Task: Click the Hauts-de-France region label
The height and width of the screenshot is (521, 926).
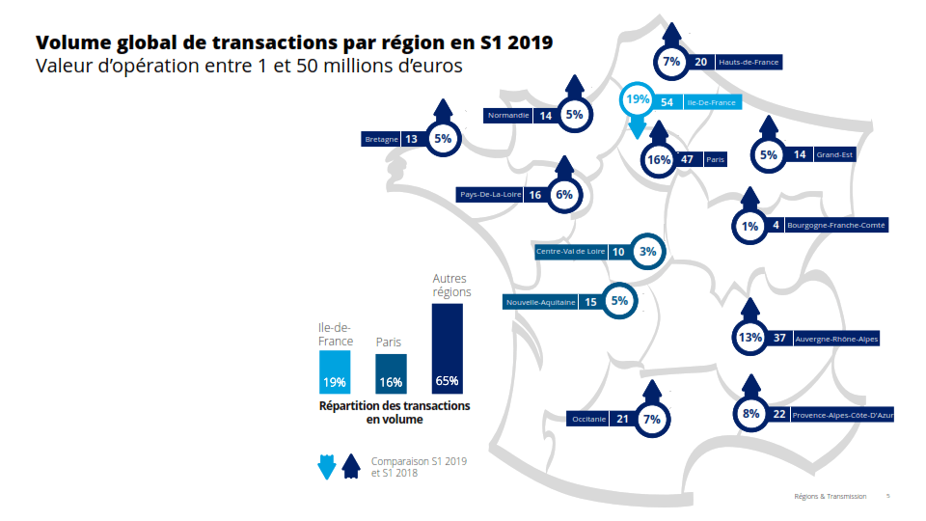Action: point(748,62)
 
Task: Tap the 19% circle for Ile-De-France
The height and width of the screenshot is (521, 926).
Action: point(638,100)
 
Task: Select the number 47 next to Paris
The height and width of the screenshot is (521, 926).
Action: point(687,159)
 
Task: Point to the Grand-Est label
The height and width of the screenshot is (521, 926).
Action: point(834,154)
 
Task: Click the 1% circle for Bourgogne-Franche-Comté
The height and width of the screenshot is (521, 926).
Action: point(750,226)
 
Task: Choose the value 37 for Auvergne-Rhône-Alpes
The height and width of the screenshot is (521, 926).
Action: point(779,339)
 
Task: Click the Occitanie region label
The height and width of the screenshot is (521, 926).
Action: point(588,420)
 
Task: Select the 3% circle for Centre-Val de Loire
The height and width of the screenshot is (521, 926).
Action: point(647,252)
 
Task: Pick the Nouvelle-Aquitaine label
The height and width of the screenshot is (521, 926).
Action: point(540,302)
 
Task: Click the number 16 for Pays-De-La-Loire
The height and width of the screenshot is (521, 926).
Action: point(534,195)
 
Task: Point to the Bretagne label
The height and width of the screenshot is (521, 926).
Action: point(382,139)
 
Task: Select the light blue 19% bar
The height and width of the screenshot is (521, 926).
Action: point(335,371)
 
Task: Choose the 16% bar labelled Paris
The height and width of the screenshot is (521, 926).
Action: point(391,373)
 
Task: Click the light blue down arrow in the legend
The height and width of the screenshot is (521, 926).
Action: point(326,466)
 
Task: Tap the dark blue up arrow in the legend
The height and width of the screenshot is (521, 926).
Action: point(351,466)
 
